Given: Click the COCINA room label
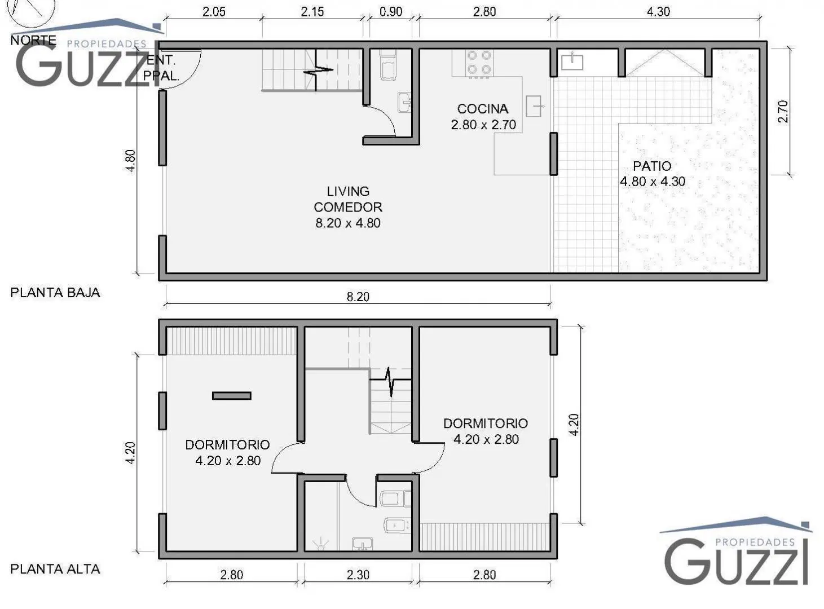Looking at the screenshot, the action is coord(482,109).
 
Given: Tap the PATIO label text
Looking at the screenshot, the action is coord(652,166).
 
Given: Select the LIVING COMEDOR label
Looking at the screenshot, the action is coord(348,199).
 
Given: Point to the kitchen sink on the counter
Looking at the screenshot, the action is coord(534,106).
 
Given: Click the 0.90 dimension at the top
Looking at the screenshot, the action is coord(391,12).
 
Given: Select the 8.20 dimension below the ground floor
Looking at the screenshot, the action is coord(358,297).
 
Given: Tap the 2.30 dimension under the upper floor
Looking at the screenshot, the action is coord(358,575).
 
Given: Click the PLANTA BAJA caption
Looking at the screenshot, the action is coord(55,293).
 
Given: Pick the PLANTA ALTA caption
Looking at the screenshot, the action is coord(55,569).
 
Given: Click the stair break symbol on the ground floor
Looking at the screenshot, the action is coord(318,70).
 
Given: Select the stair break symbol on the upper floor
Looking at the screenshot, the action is coord(390,381).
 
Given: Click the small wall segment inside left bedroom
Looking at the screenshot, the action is coord(231,396).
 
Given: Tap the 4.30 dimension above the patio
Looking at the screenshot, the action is coord(658,12).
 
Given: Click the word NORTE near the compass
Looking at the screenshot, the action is coord(33,40).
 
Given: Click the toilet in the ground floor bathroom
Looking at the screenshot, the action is coord(388,65).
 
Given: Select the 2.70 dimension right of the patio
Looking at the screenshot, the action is coord(782,112).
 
